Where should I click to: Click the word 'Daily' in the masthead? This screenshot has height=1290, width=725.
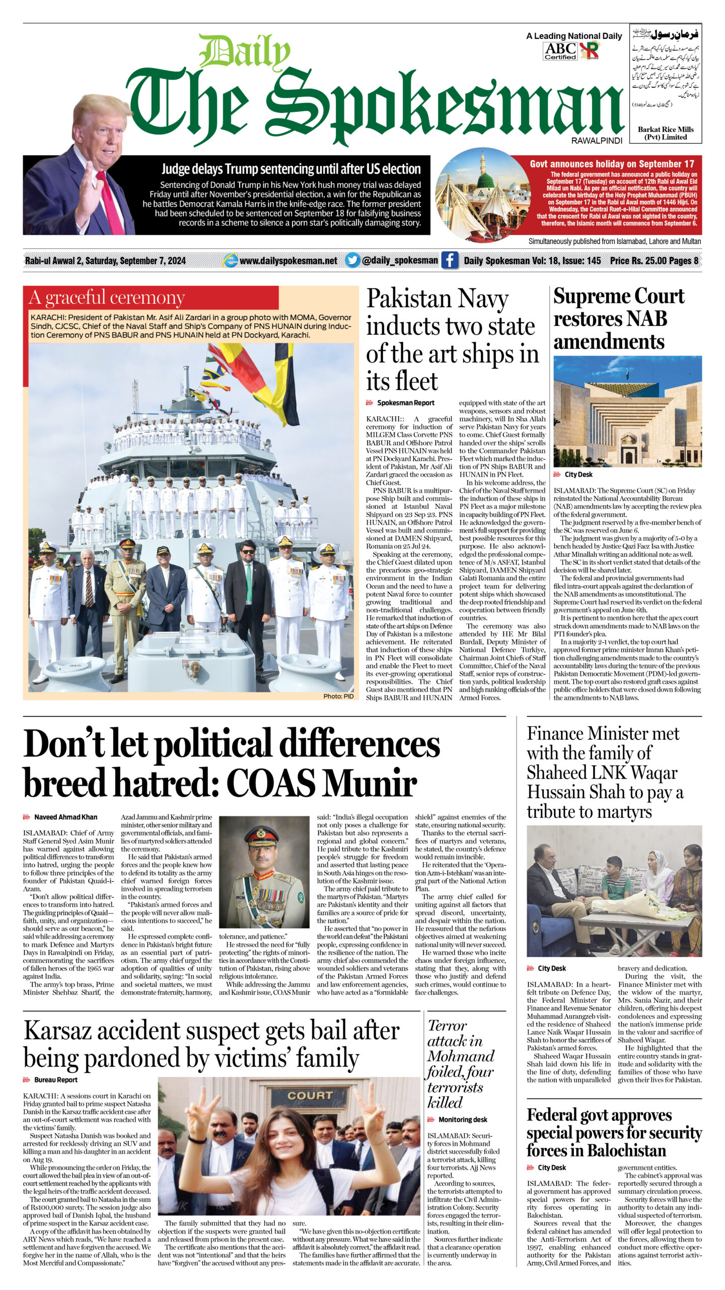pos(246,52)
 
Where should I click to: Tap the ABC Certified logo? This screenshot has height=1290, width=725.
pos(560,50)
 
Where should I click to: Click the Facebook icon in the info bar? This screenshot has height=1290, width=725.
pos(449,261)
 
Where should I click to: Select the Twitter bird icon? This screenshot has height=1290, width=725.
pos(352,261)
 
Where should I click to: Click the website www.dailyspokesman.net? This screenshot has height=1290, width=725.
pos(288,261)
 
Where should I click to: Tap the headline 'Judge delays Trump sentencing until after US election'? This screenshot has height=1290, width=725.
pos(291,169)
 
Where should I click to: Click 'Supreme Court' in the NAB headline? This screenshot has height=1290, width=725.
pos(619,297)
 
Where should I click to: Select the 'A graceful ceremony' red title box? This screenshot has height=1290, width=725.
pos(151,298)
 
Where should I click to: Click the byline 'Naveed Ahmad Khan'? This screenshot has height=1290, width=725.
pos(65,817)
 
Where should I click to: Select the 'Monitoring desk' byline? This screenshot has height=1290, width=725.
pos(462,1120)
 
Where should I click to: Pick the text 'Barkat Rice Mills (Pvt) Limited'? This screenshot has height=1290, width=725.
pos(666,133)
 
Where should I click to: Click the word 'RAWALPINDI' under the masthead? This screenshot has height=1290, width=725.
pos(597,141)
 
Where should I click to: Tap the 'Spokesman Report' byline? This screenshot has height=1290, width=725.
pos(405,403)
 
